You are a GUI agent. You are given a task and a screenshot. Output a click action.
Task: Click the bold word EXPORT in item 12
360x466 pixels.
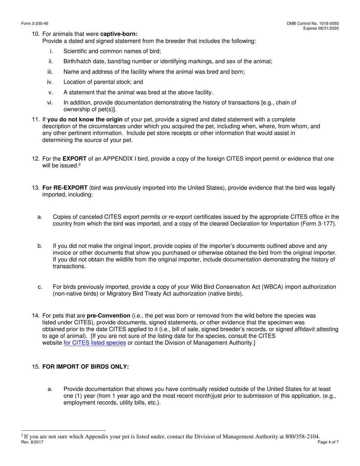pos(74,159)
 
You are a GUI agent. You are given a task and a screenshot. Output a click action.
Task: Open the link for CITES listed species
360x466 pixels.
pos(95,343)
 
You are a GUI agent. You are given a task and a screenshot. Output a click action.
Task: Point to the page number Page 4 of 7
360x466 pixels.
pos(329,442)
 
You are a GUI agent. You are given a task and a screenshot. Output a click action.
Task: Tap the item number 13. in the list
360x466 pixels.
pos(36,188)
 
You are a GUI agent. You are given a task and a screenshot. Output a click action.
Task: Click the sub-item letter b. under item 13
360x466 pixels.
pos(40,246)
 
